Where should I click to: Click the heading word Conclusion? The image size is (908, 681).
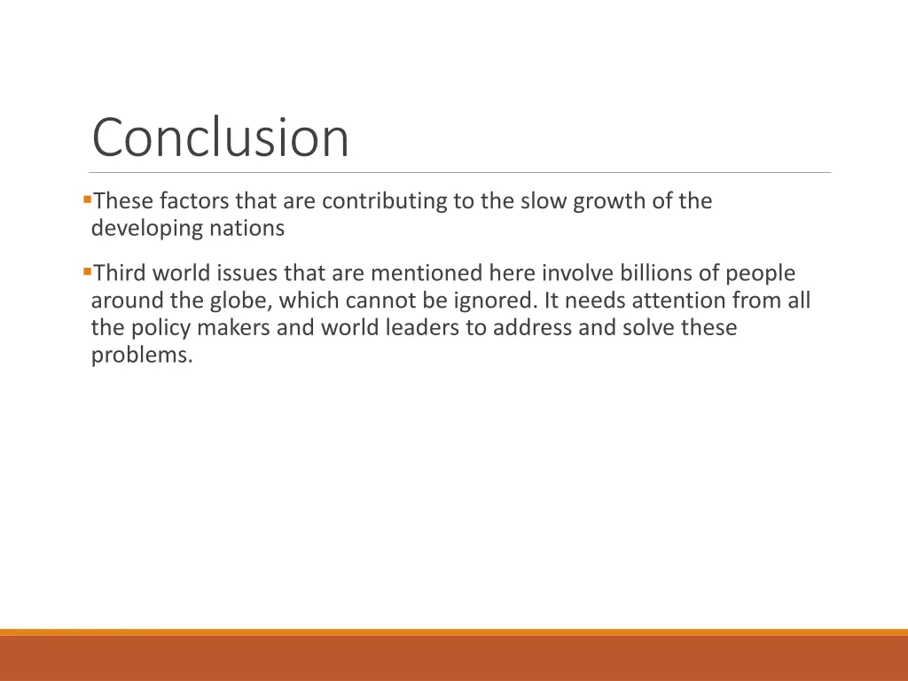[221, 138]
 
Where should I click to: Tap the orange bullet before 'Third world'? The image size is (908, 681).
[87, 270]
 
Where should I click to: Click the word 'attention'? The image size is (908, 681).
[681, 301]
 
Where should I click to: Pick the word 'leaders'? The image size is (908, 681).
[421, 328]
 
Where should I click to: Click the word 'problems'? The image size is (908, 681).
[141, 356]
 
